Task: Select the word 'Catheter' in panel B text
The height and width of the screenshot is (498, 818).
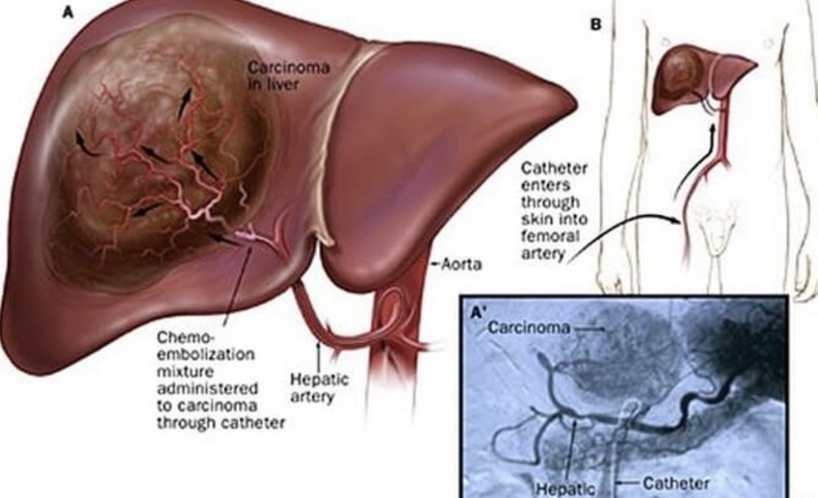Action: click(554, 170)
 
